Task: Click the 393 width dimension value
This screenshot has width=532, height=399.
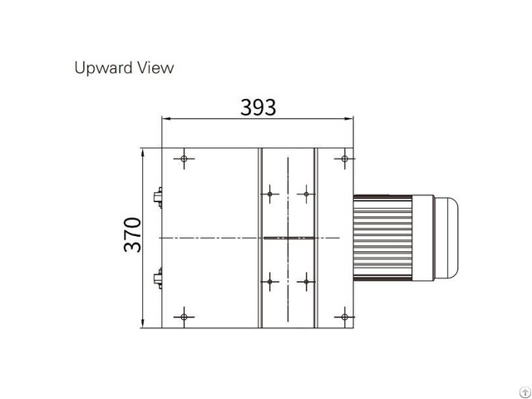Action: pyautogui.click(x=258, y=107)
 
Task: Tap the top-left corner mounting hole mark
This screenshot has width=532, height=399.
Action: pyautogui.click(x=184, y=158)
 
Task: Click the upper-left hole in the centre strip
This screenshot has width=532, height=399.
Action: pyautogui.click(x=270, y=195)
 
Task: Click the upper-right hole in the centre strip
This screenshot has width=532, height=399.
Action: pyautogui.click(x=307, y=195)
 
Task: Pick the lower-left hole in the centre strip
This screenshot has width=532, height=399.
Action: pyautogui.click(x=270, y=280)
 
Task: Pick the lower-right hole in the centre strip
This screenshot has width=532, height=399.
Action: pyautogui.click(x=307, y=280)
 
